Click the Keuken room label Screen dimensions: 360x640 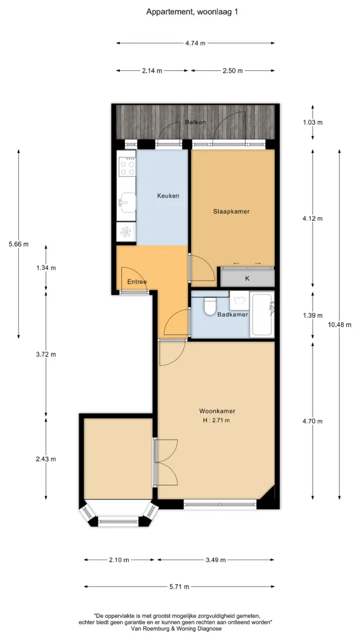tap(168, 196)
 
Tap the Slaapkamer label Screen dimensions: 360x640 tap(231, 212)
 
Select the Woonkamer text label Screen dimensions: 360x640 tap(217, 411)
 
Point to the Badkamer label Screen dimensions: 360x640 tap(233, 315)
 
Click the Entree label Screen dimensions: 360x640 tap(137, 282)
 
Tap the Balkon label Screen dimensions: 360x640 tap(195, 122)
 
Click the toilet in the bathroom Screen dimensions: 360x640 tap(209, 306)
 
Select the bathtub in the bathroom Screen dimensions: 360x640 tap(261, 314)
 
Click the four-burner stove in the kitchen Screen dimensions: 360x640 tap(126, 167)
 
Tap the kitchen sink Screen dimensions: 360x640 tap(127, 202)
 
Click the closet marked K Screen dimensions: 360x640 tap(247, 278)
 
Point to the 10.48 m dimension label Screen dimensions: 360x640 tap(339, 325)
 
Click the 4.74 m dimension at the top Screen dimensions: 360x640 tap(195, 43)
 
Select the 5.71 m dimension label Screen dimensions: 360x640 tap(179, 587)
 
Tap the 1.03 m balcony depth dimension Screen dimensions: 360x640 tap(313, 122)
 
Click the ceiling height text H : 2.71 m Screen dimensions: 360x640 tap(216, 420)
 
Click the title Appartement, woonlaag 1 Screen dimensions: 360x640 tap(192, 12)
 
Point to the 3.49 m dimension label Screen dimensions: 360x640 tap(215, 560)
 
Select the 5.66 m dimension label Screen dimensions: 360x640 tap(18, 244)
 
